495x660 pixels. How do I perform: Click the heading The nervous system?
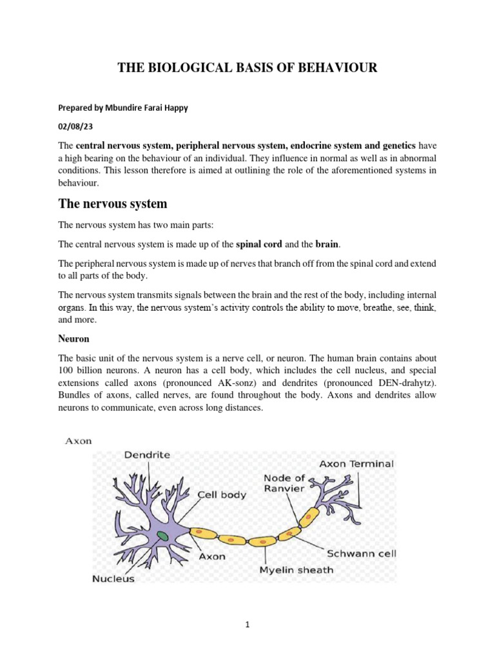pyautogui.click(x=113, y=204)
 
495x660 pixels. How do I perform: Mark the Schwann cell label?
pyautogui.click(x=362, y=553)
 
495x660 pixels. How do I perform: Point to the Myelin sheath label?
pyautogui.click(x=296, y=569)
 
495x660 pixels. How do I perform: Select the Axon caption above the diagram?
pyautogui.click(x=78, y=441)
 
